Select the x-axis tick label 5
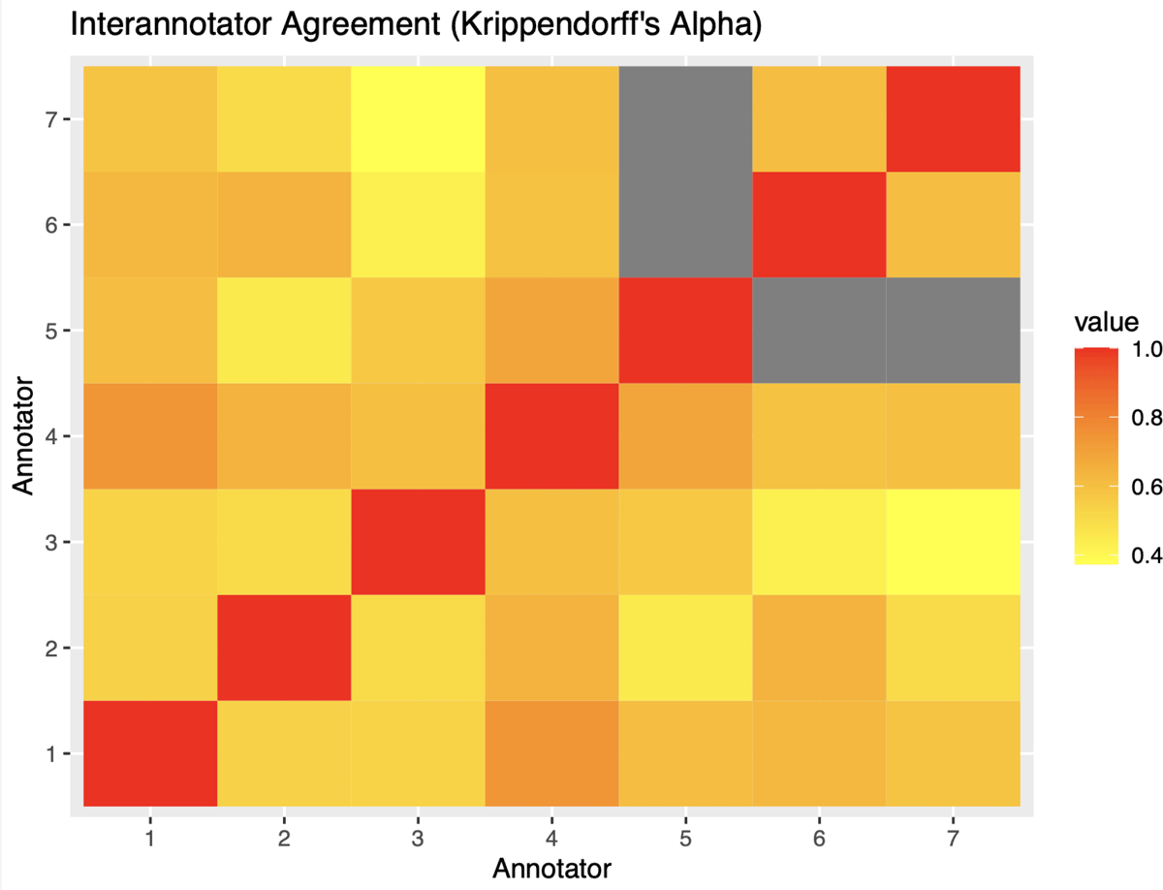coord(685,836)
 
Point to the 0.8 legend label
coord(1147,419)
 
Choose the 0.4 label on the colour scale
coord(1147,556)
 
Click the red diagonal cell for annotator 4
coord(551,436)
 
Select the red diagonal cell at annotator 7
coord(953,119)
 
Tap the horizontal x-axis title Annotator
coord(551,868)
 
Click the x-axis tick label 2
coord(283,836)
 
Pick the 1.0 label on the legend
coord(1147,351)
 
